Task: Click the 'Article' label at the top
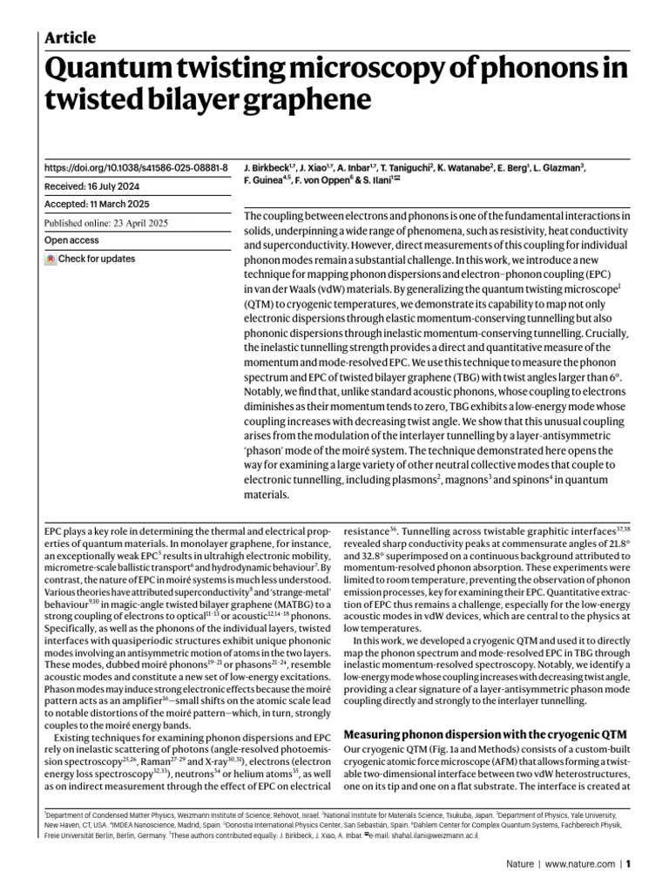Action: (x=71, y=37)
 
